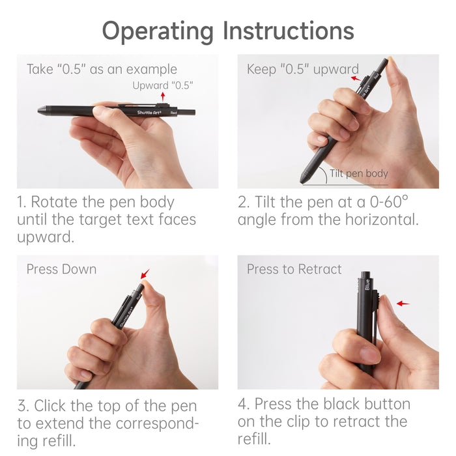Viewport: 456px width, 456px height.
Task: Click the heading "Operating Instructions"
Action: point(228,31)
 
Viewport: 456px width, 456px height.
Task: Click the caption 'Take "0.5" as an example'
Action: point(102,70)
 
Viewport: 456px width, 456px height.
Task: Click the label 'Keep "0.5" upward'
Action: point(302,70)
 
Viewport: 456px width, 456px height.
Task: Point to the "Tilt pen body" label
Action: point(358,173)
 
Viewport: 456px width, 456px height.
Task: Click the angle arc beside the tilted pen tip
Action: point(321,171)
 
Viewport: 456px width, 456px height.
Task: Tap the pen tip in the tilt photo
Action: point(304,178)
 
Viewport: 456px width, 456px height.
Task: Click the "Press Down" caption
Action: point(61,270)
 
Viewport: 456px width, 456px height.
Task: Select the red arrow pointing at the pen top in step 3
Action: point(145,274)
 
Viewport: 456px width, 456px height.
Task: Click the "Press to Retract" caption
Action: point(294,270)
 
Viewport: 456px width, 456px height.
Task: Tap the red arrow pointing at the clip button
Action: point(403,304)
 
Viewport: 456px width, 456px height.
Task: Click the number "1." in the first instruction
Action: point(23,202)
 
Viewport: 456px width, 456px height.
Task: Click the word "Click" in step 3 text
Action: point(53,406)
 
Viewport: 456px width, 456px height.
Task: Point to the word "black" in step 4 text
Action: point(356,404)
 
